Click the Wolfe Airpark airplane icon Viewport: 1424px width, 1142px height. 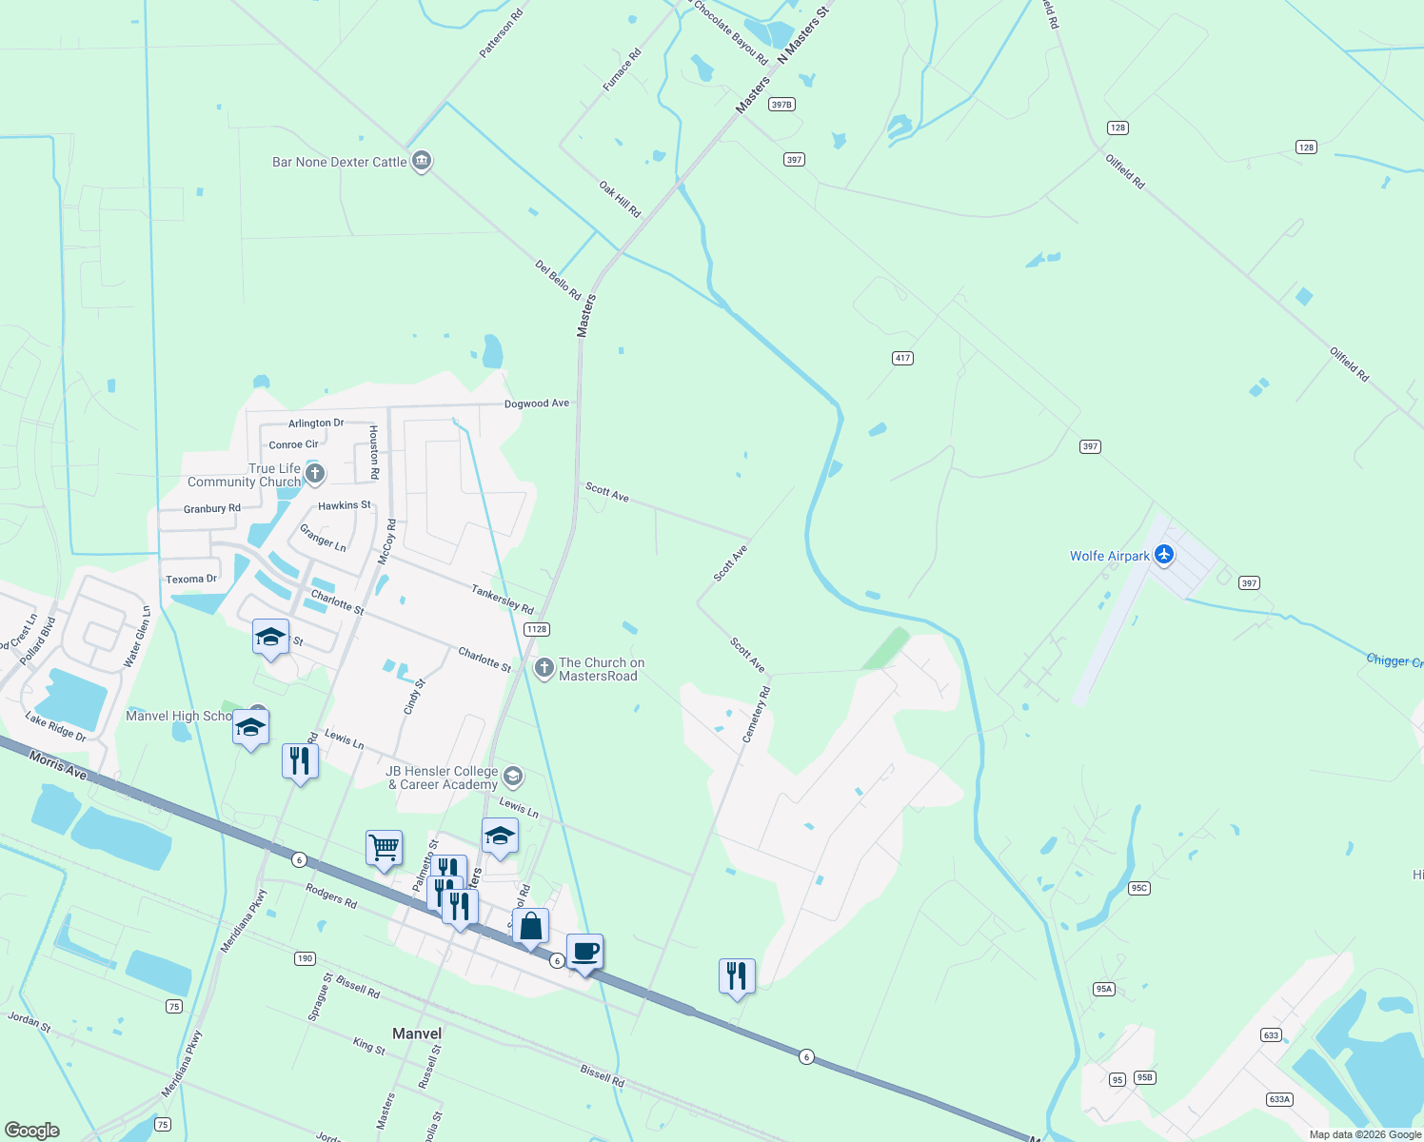(x=1163, y=555)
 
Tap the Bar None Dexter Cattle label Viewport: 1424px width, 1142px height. (x=339, y=163)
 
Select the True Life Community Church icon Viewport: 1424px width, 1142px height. (x=315, y=473)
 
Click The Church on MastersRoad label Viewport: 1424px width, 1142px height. (x=601, y=669)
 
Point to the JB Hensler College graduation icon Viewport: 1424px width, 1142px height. (x=513, y=777)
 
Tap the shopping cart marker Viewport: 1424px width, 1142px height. (x=384, y=846)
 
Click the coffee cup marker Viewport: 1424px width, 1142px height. (x=585, y=951)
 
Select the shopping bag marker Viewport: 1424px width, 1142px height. (x=531, y=926)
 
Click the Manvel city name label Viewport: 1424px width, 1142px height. (x=417, y=1034)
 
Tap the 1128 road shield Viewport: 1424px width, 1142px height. (x=537, y=629)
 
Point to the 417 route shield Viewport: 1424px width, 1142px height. (x=902, y=358)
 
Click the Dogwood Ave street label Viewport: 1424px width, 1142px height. (x=537, y=404)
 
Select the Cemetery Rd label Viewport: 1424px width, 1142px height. (x=755, y=716)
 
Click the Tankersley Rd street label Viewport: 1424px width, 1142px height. (x=503, y=599)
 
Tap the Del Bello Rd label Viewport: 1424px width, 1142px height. (x=558, y=282)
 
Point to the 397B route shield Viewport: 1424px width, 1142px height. (x=781, y=105)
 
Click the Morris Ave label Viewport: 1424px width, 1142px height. (x=58, y=765)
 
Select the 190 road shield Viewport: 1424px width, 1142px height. (x=305, y=958)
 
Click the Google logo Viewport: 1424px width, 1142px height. (x=32, y=1130)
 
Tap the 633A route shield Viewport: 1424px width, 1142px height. (x=1279, y=1099)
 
